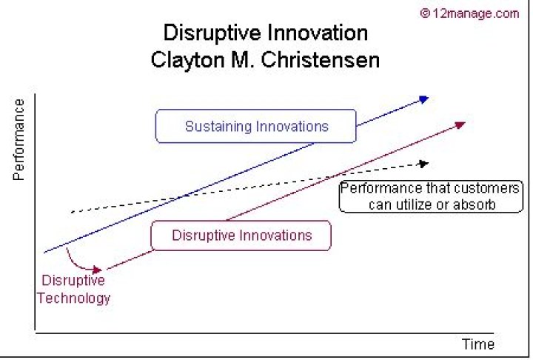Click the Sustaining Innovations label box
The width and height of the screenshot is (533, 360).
pos(255,126)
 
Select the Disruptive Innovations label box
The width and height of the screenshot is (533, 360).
pos(241,236)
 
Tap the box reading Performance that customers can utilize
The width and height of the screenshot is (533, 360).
pos(431,197)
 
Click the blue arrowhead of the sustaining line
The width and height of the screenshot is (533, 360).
pos(424,99)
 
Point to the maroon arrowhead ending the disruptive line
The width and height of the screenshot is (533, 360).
pos(460,125)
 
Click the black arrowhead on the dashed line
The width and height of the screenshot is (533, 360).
pos(424,164)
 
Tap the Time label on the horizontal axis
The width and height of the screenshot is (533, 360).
pos(478,344)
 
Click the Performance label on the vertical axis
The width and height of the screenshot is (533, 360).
pos(19,139)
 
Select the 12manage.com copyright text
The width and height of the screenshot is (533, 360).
pos(469,13)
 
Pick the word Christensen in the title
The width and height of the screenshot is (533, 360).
pos(320,60)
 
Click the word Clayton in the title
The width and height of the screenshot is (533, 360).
pos(187,61)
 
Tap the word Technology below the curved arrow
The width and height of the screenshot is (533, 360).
pos(74,299)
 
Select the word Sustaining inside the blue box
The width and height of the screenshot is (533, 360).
pos(218,127)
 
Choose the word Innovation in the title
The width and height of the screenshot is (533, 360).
pos(318,33)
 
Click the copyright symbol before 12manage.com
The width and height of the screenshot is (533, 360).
pos(425,13)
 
